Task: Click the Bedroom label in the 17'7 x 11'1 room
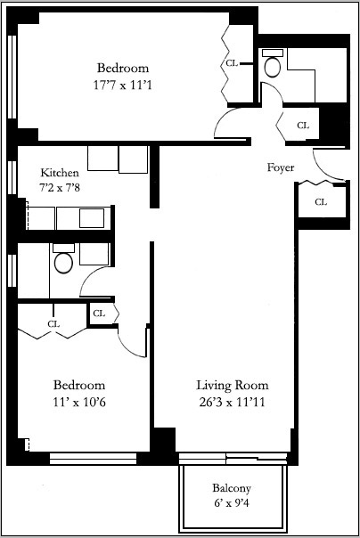click(x=123, y=68)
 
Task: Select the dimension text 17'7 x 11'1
click(x=123, y=86)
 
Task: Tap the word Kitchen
click(x=60, y=172)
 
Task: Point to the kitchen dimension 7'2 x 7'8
click(x=60, y=188)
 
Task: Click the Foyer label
click(x=281, y=167)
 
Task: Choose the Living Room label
click(x=232, y=385)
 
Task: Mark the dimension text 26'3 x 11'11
click(x=232, y=403)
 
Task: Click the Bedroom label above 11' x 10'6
click(x=79, y=385)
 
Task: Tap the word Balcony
click(x=232, y=488)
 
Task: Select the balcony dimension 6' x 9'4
click(x=232, y=504)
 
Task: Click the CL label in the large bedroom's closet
click(x=232, y=63)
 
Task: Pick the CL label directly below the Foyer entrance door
click(x=320, y=202)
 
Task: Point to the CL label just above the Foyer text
click(x=302, y=126)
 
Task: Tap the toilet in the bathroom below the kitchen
click(x=63, y=260)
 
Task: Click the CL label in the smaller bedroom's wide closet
click(x=53, y=323)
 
